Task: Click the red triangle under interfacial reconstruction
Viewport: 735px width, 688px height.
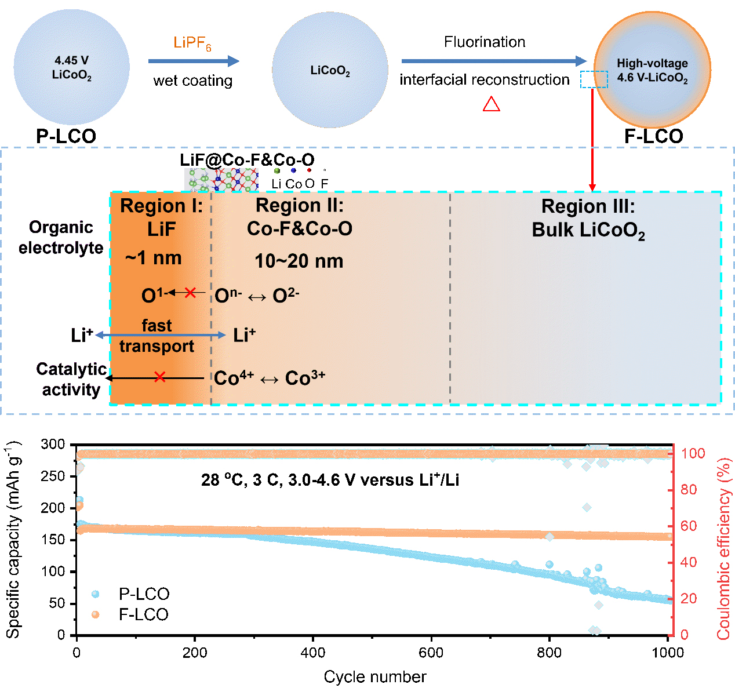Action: point(492,104)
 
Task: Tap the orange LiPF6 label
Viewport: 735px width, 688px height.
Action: point(192,43)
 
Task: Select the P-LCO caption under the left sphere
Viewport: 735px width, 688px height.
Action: point(66,136)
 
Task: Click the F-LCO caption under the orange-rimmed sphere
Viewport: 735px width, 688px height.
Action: point(653,136)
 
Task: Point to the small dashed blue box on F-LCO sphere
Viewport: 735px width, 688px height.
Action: point(594,79)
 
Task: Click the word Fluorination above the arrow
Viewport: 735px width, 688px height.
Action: point(485,42)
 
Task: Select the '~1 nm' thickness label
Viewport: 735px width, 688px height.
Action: point(154,258)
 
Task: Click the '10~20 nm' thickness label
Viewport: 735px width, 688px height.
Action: point(299,261)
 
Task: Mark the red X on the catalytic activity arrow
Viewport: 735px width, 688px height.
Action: point(160,378)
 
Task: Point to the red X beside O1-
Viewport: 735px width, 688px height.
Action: point(190,293)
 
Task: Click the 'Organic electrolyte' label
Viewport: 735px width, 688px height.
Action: point(61,238)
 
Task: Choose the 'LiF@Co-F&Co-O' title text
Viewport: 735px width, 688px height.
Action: point(247,160)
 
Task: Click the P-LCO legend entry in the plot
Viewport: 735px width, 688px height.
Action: point(144,594)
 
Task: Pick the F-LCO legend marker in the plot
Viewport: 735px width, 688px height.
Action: point(96,614)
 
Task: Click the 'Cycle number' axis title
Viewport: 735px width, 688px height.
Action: point(375,676)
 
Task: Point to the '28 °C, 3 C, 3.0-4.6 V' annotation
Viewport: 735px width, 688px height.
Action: point(330,480)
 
